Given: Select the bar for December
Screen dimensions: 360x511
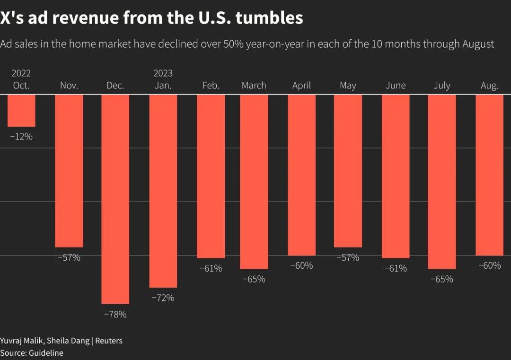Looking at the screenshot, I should click(x=115, y=199).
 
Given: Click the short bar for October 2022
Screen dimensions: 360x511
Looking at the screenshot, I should click(x=21, y=111).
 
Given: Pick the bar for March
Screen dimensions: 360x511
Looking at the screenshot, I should click(x=254, y=182).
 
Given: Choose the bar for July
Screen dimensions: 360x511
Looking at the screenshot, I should click(x=442, y=182).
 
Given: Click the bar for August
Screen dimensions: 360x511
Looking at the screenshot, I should click(x=489, y=175).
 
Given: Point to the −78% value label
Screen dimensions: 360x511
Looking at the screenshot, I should click(x=115, y=314).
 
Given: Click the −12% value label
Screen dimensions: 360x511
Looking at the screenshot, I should click(x=21, y=137).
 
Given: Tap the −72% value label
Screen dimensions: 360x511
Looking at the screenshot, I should click(x=163, y=298).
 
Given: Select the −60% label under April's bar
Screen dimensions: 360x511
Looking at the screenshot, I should click(x=301, y=266).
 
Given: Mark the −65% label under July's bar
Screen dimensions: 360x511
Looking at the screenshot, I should click(x=442, y=279).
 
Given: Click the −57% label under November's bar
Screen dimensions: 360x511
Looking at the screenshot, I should click(x=69, y=258).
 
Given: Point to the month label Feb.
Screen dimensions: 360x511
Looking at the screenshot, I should click(x=211, y=86).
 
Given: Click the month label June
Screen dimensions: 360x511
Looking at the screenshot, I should click(x=396, y=86).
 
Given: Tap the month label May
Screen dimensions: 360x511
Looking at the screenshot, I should click(x=348, y=86).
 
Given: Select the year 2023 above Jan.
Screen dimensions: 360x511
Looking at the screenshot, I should click(x=163, y=73).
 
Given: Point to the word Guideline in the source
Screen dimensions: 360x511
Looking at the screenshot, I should click(x=46, y=353).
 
